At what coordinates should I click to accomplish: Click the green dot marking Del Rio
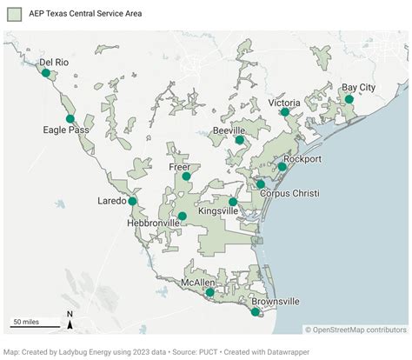click(x=45, y=74)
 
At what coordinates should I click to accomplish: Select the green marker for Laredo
click(x=132, y=201)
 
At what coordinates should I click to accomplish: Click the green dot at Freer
click(x=186, y=177)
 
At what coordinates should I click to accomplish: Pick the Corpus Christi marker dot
click(x=260, y=184)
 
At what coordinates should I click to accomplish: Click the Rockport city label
click(x=302, y=159)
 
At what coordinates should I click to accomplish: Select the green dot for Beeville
click(x=239, y=139)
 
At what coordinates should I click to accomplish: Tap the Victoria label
click(x=284, y=103)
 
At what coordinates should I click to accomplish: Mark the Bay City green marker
click(x=349, y=99)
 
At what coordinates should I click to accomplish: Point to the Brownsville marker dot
click(x=256, y=312)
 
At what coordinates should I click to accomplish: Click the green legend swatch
click(x=14, y=14)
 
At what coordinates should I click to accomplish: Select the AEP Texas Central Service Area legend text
click(x=85, y=14)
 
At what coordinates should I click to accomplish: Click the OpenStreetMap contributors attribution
click(x=356, y=329)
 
